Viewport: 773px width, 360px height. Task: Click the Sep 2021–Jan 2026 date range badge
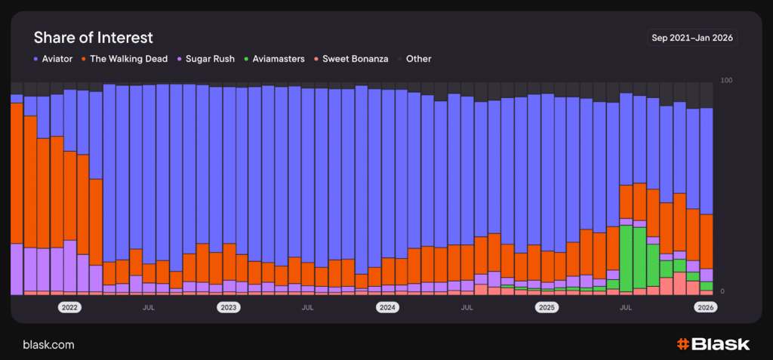(x=692, y=37)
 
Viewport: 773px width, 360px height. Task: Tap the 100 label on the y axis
(x=728, y=80)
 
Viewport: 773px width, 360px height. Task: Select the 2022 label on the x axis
(x=69, y=308)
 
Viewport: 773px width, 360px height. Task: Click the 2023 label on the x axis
(x=228, y=308)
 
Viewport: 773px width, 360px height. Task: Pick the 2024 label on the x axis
(x=387, y=308)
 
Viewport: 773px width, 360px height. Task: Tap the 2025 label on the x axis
(x=547, y=308)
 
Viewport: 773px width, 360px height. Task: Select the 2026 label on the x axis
(x=706, y=308)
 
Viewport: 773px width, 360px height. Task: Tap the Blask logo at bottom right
(x=713, y=344)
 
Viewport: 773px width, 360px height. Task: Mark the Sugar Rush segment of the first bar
(x=17, y=269)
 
